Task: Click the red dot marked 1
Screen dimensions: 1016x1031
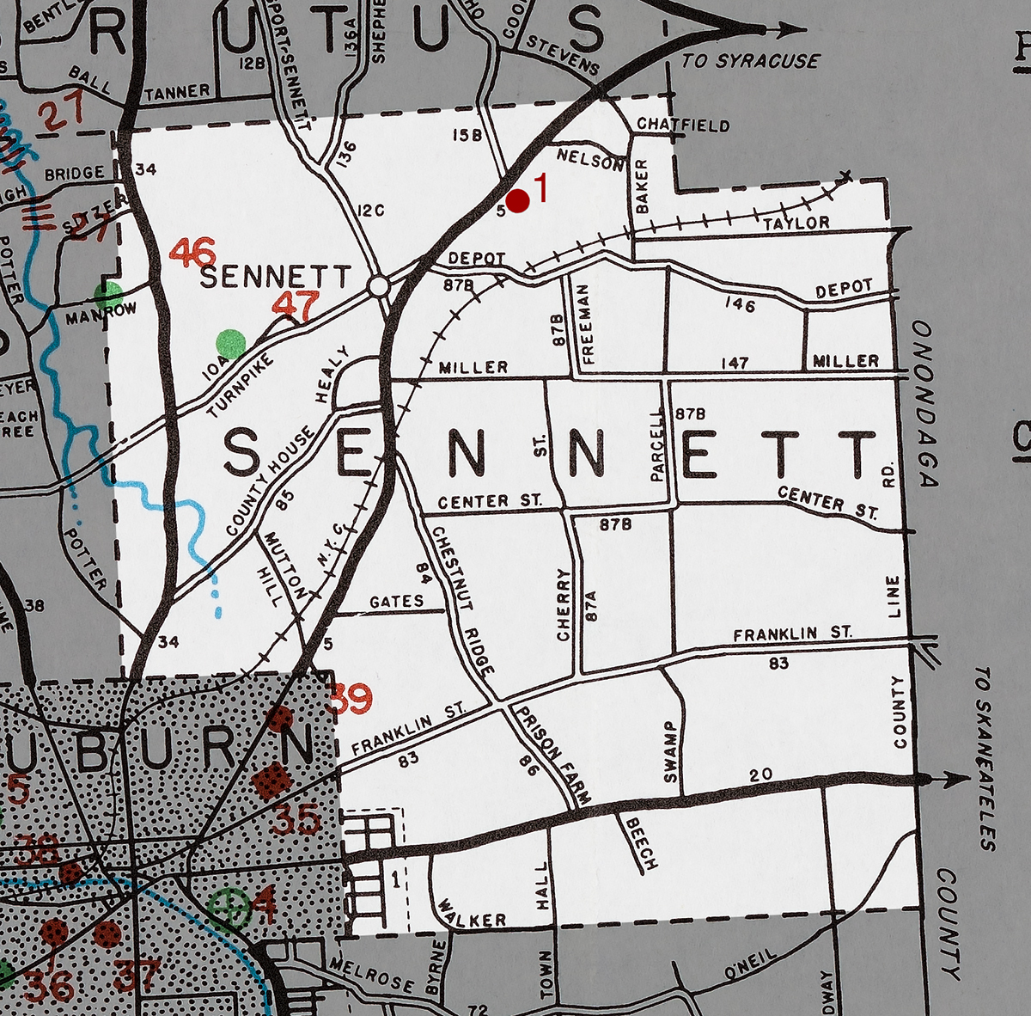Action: [x=517, y=200]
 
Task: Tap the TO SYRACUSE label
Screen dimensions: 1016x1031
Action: [x=750, y=61]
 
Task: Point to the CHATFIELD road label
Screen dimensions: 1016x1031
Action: [x=683, y=125]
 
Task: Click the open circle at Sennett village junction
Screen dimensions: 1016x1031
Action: [x=378, y=286]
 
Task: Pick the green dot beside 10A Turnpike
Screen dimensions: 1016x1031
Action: [x=230, y=342]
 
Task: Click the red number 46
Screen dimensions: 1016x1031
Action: [x=192, y=253]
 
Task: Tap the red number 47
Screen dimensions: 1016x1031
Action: [x=296, y=304]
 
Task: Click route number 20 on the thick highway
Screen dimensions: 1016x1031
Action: [x=761, y=774]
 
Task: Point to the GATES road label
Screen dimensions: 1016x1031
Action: [x=396, y=601]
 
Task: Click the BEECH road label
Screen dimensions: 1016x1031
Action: [x=641, y=842]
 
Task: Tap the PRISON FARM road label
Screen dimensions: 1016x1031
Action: [x=550, y=755]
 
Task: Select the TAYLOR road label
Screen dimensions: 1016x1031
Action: [x=796, y=223]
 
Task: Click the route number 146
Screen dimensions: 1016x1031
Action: [x=739, y=303]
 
